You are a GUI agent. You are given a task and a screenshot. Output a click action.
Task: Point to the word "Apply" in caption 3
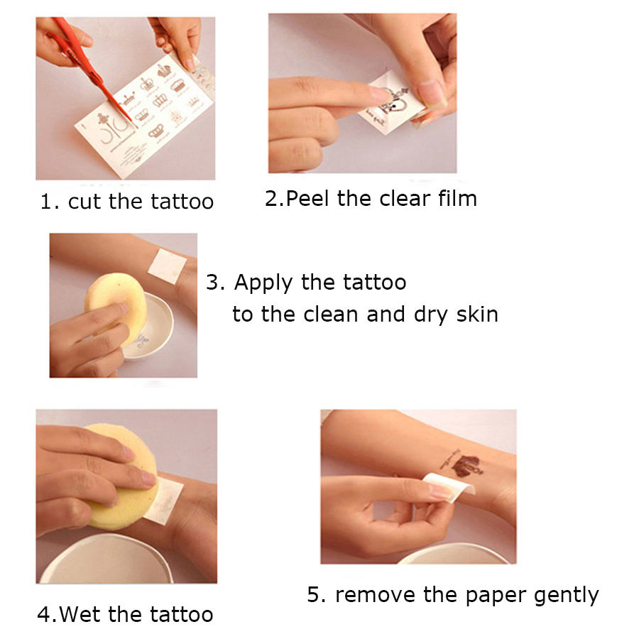pyautogui.click(x=263, y=283)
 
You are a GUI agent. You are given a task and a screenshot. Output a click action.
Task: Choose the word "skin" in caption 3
pyautogui.click(x=477, y=315)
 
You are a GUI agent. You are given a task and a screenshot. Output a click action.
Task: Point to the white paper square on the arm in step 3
pyautogui.click(x=167, y=266)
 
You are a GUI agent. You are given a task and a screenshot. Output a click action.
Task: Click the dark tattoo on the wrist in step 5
pyautogui.click(x=462, y=464)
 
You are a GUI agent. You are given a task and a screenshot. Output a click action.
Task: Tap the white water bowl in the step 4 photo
pyautogui.click(x=105, y=561)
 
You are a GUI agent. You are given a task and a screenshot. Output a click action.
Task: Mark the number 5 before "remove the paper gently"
pyautogui.click(x=315, y=594)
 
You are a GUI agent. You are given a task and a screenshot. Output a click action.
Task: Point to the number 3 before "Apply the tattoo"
pyautogui.click(x=212, y=283)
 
